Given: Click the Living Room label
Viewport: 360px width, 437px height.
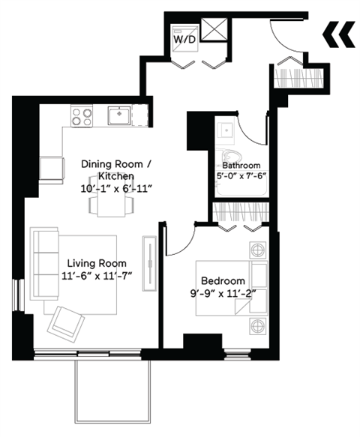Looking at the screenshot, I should point(97,263).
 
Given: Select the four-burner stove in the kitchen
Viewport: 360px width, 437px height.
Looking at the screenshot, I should point(82,115).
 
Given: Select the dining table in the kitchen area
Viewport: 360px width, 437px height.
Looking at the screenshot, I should point(114,203).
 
